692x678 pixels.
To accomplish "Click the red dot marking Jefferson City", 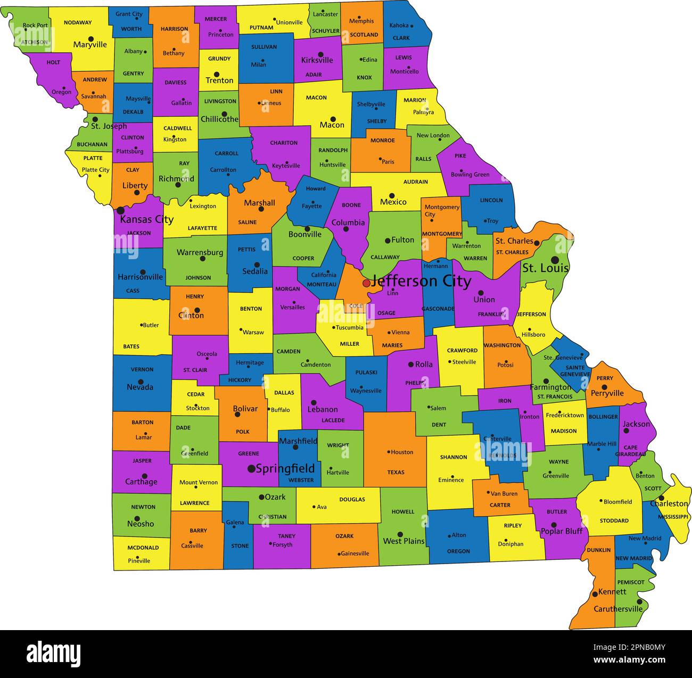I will coord(366,283).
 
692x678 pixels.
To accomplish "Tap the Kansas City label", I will coord(146,219).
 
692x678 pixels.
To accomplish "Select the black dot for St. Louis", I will coord(555,260).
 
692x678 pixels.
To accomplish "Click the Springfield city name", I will coord(285,469).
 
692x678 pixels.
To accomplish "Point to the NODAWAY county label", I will coord(78,23).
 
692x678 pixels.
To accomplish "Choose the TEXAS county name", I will coord(396,472).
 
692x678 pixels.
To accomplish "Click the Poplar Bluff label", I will coord(562,531).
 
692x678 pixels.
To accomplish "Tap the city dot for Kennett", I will coord(595,594).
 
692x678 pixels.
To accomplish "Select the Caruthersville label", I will coord(618,608).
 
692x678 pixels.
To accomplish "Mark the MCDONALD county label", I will coord(143,548).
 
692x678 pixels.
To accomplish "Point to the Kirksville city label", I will coord(317,60).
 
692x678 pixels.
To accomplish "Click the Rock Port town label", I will coord(35,25).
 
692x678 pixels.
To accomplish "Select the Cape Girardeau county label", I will coord(630,451).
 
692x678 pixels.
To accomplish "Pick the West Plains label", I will coord(403,541).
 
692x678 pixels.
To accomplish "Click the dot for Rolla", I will coord(411,365).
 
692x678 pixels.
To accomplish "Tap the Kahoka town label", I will coord(399,25).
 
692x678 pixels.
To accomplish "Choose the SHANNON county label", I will coord(454,457).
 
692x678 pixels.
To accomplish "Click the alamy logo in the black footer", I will coord(54,654).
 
